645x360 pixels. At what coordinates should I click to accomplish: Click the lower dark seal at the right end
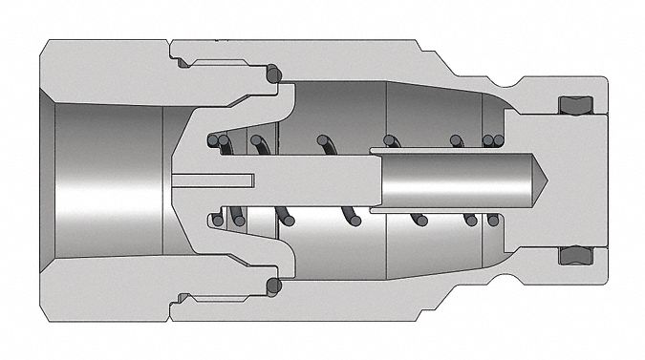[x=570, y=255]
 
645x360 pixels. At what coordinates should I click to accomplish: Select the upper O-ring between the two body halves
[x=274, y=74]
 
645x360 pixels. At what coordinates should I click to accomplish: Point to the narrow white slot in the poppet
[x=214, y=180]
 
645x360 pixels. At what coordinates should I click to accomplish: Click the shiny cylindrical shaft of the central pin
[x=449, y=180]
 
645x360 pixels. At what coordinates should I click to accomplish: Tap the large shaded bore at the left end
[x=105, y=180]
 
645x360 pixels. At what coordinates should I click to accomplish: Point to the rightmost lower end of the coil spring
[x=493, y=221]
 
